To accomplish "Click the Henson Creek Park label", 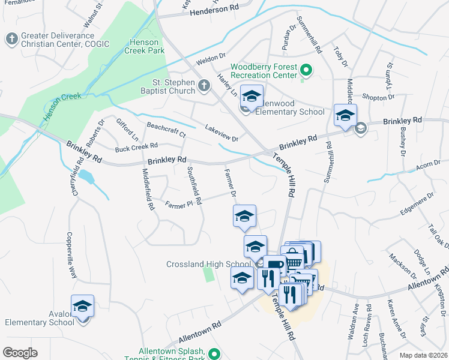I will tap(145, 46).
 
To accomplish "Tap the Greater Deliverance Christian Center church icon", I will tap(11, 40).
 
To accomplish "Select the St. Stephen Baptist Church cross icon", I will tap(203, 86).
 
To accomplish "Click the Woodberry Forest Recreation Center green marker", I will tap(306, 71).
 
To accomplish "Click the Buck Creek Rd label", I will tap(136, 146).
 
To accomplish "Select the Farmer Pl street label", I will tap(179, 203).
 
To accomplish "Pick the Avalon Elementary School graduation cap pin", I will tap(82, 307).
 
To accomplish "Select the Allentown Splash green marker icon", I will tap(214, 355).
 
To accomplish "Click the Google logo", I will tap(20, 353).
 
